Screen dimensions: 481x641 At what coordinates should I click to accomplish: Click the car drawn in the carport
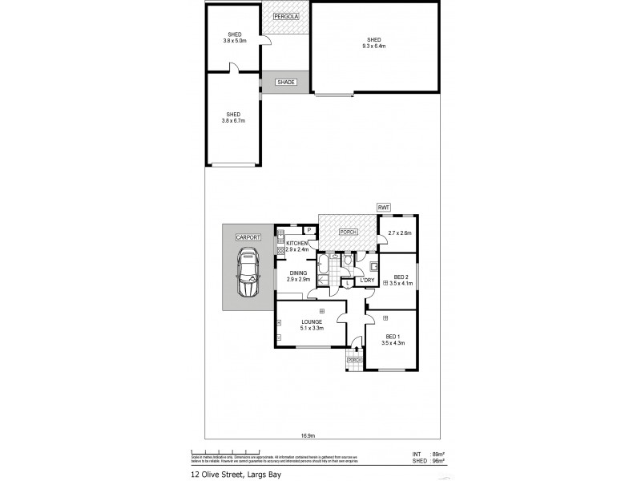tap(249, 273)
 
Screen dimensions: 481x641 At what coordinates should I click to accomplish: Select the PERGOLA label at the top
tap(286, 17)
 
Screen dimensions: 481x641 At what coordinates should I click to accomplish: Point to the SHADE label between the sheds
tap(286, 83)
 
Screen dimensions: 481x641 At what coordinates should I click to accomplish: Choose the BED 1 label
tap(392, 337)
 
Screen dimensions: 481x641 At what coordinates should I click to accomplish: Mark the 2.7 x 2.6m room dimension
tap(399, 233)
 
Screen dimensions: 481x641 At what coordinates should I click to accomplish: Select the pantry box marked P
tap(308, 232)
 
